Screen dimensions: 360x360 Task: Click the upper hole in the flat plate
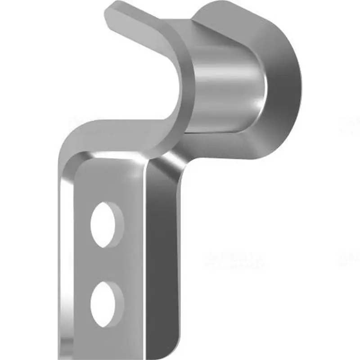[x=107, y=224]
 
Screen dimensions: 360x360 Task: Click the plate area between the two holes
[x=108, y=264]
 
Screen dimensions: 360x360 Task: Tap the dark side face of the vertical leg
[x=164, y=252]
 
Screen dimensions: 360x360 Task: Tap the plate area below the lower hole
[x=108, y=337]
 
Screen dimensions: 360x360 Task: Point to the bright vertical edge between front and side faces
[x=145, y=252]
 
